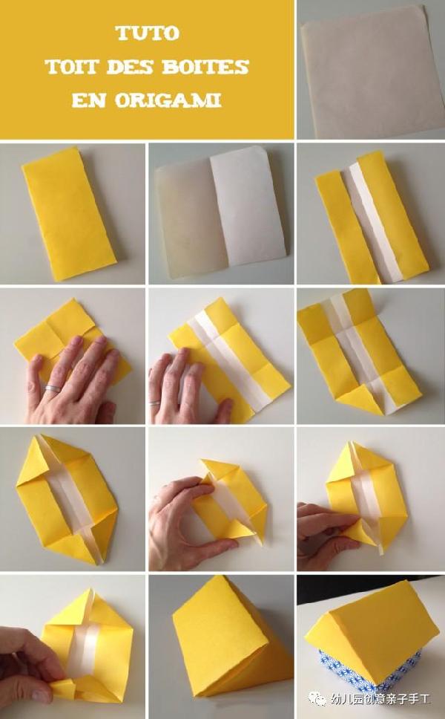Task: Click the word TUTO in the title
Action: (147, 33)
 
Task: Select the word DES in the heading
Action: (131, 67)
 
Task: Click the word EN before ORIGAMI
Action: (89, 100)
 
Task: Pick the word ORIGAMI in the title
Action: (168, 100)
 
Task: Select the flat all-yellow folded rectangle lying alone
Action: (69, 213)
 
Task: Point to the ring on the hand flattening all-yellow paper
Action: (53, 389)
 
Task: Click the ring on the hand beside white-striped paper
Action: (155, 403)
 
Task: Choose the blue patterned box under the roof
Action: (371, 669)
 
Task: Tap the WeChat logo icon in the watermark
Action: (316, 698)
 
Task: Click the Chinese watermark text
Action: (380, 699)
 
